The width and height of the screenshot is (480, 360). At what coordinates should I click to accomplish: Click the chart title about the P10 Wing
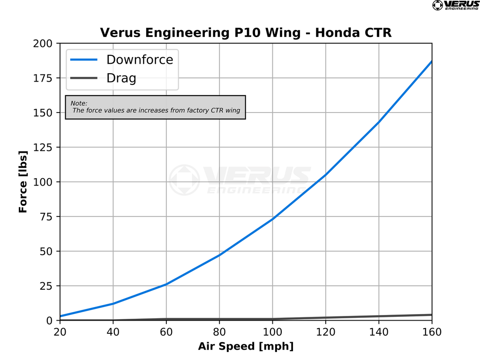coord(246,33)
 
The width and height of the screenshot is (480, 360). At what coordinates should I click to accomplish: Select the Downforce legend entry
coord(140,60)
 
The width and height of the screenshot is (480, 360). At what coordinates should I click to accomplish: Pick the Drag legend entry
coord(121,78)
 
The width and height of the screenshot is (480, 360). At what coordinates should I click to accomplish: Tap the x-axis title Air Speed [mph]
coord(246,346)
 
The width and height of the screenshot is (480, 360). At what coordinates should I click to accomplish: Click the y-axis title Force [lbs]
coord(23,182)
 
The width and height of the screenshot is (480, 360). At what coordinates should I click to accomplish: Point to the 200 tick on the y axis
coord(46,43)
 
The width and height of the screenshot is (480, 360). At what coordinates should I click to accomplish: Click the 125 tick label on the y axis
coord(46,147)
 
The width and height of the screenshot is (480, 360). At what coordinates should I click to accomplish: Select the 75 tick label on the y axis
coord(49,217)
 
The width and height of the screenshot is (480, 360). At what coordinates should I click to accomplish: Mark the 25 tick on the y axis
coord(49,286)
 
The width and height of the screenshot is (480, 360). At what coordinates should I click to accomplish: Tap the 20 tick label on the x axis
coord(60,332)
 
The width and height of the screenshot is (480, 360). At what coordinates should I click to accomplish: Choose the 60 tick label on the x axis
coord(166,332)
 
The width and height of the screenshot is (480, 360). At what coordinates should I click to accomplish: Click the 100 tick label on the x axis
coord(272,332)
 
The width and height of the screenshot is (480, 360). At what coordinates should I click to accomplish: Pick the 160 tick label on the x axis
coord(432,332)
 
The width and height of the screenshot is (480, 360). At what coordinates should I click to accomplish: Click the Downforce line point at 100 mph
coord(272,219)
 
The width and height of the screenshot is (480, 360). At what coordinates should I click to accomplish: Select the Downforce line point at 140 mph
coord(379,122)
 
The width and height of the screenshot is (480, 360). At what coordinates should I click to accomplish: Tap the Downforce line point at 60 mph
coord(166,284)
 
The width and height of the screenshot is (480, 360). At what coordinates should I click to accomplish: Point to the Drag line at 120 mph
coord(326,318)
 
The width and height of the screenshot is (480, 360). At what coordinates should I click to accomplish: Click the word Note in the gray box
coord(79,103)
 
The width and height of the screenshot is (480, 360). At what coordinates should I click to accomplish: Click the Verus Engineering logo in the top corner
coord(455,5)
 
